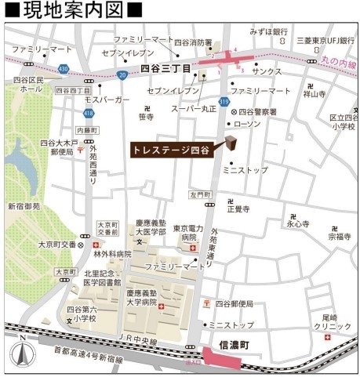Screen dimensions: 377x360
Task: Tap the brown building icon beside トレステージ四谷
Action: (x=231, y=143)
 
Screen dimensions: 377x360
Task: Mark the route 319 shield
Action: (x=224, y=101)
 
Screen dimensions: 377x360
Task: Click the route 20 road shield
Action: (x=122, y=75)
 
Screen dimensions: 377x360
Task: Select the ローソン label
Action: (x=249, y=124)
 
